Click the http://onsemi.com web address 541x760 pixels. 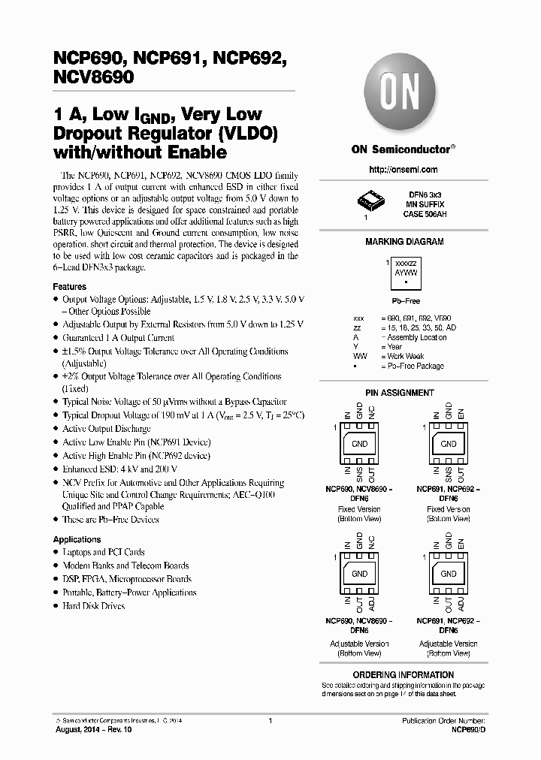[403, 170]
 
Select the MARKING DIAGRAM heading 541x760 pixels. [403, 242]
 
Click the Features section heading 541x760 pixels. [69, 287]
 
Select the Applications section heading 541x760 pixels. [77, 539]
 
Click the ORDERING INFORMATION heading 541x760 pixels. [403, 675]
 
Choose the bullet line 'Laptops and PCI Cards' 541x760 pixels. [104, 552]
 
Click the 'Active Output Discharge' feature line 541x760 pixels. [107, 429]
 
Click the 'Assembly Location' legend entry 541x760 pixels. [417, 337]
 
